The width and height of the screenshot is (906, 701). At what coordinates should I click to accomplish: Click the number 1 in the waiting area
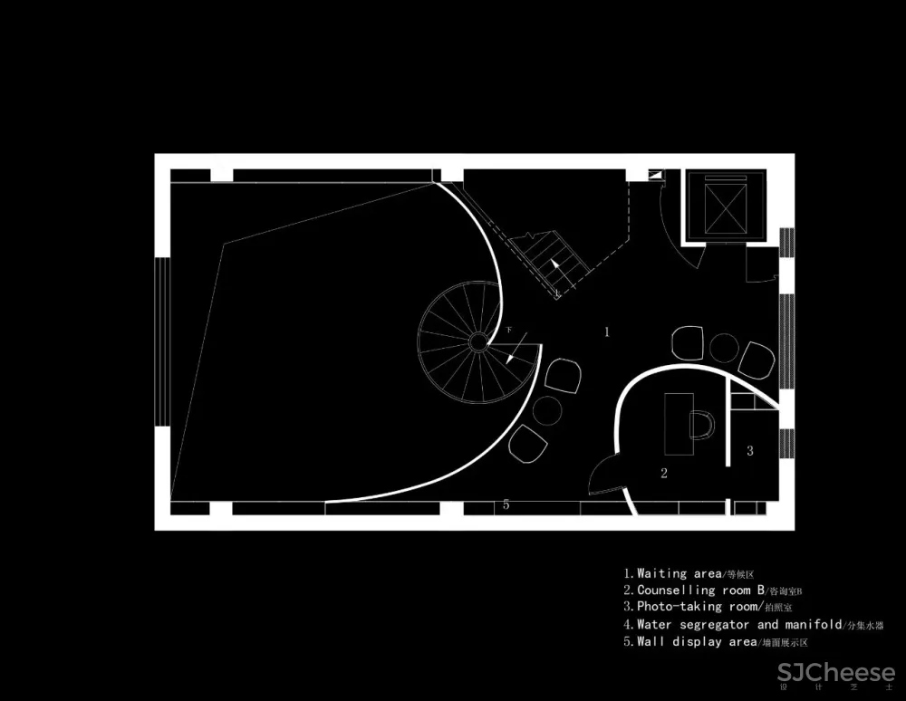click(607, 332)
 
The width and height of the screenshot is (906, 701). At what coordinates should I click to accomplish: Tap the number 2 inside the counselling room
click(663, 473)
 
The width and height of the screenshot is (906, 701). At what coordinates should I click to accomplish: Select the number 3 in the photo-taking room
click(750, 450)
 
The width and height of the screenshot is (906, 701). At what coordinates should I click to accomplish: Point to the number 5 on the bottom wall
click(506, 504)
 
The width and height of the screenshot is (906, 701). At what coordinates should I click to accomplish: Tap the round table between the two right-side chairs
click(725, 349)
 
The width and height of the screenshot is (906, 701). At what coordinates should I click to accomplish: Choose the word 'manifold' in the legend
click(812, 624)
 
